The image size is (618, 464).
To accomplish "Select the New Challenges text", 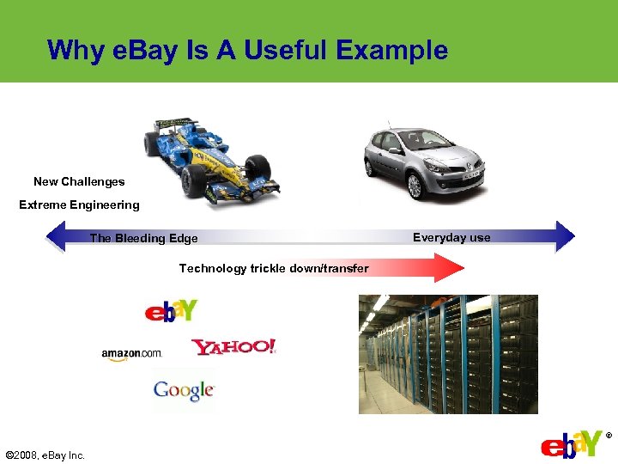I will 79,181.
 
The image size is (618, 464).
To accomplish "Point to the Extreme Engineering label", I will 79,205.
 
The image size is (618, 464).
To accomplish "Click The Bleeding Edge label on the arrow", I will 144,238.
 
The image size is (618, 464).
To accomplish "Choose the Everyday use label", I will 451,237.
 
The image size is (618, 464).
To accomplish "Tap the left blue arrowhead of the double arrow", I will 55,236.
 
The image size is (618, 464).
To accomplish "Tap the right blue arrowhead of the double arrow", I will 565,236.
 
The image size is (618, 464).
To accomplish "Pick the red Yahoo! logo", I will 233,347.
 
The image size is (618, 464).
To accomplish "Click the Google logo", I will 184,391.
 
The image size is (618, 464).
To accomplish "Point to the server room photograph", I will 448,354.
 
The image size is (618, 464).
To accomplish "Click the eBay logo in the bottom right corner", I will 572,445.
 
